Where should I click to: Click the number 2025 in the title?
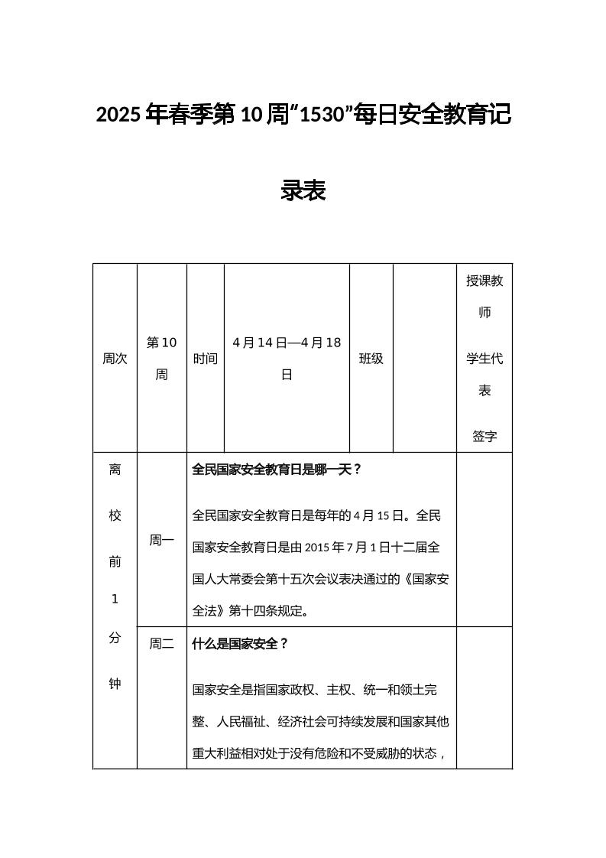coord(118,115)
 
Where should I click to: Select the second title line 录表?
coord(303,190)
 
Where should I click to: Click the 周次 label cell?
coord(115,358)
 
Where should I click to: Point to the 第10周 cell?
coord(161,358)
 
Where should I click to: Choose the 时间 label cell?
coord(205,358)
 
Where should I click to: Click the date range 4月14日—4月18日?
coord(287,358)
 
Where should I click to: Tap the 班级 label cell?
coord(371,358)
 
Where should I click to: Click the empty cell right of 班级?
coord(424,358)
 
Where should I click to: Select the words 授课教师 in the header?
coord(484,296)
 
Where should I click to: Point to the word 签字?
coord(484,436)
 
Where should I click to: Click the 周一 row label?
coord(161,540)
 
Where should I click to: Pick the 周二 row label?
coord(161,644)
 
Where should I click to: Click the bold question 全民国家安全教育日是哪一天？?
coord(276,470)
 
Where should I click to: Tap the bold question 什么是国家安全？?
coord(240,644)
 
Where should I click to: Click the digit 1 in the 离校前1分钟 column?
coord(115,599)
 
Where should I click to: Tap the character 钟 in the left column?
coord(115,684)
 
